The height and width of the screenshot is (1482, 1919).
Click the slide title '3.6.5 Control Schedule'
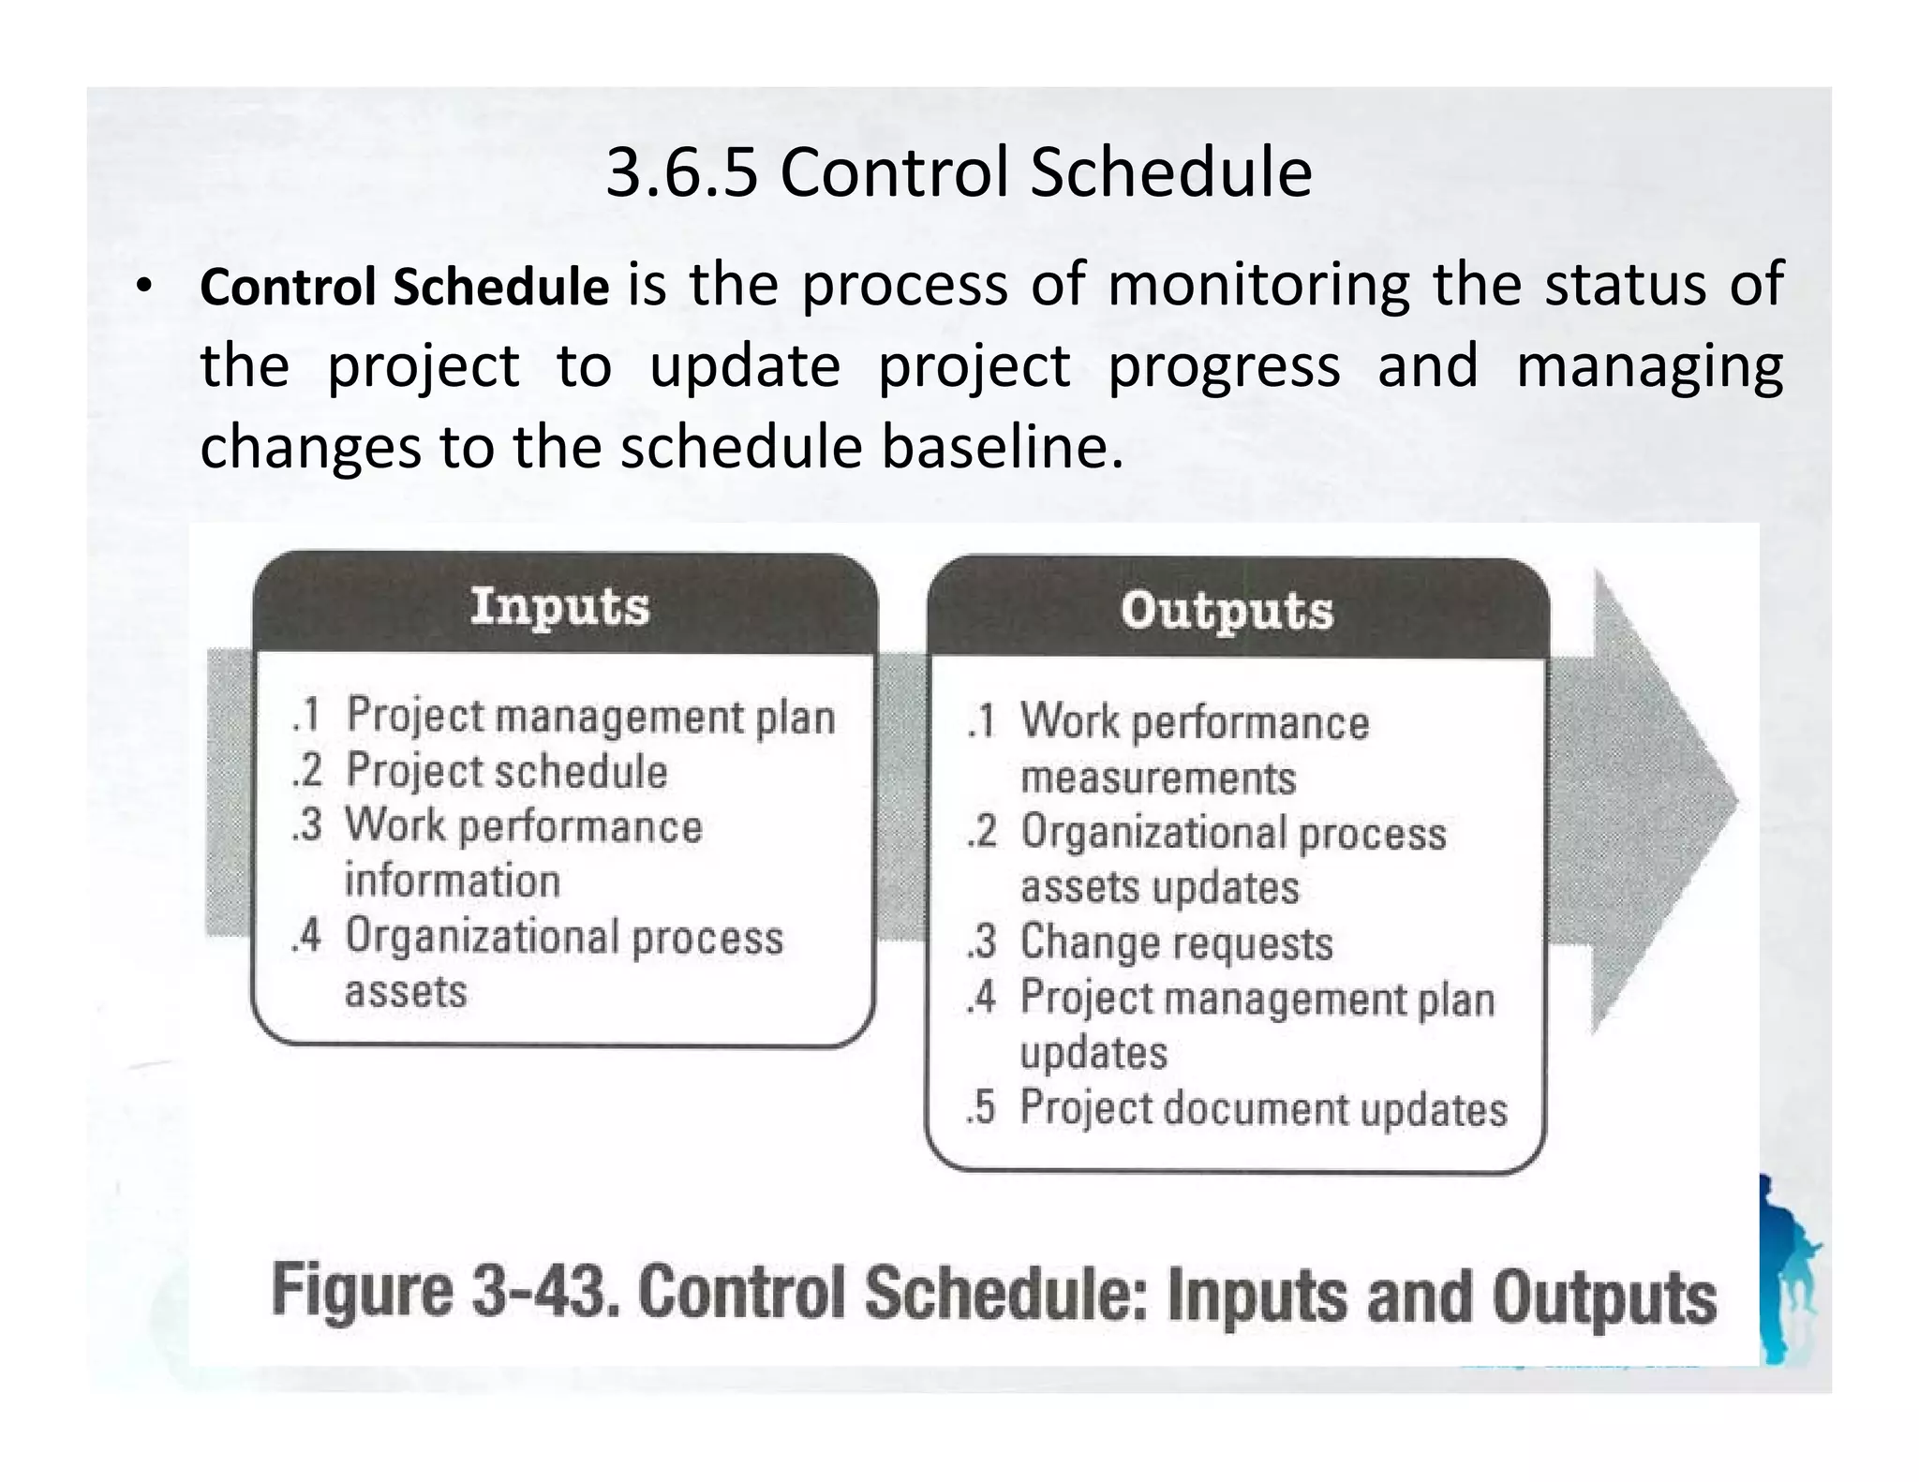(959, 173)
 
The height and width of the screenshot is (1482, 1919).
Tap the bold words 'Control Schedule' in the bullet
(404, 287)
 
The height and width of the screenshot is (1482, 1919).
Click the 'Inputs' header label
(559, 606)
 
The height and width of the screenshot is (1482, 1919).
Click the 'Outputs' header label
(1227, 611)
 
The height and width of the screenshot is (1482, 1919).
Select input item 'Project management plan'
(590, 717)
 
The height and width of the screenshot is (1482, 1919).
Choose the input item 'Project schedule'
(507, 772)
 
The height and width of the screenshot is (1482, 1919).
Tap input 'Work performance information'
(523, 852)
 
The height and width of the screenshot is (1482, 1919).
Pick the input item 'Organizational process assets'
(563, 963)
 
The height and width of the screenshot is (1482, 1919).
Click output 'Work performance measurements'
(1194, 749)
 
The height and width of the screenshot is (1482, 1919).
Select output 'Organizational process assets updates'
(1232, 859)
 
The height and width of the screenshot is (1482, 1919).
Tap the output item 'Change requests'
(1176, 943)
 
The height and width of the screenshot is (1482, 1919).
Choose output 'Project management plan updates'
(1257, 1024)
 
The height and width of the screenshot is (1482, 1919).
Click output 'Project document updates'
(1263, 1108)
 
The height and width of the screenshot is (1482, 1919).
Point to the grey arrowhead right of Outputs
(1663, 802)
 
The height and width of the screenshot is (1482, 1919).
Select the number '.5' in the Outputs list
(980, 1108)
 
